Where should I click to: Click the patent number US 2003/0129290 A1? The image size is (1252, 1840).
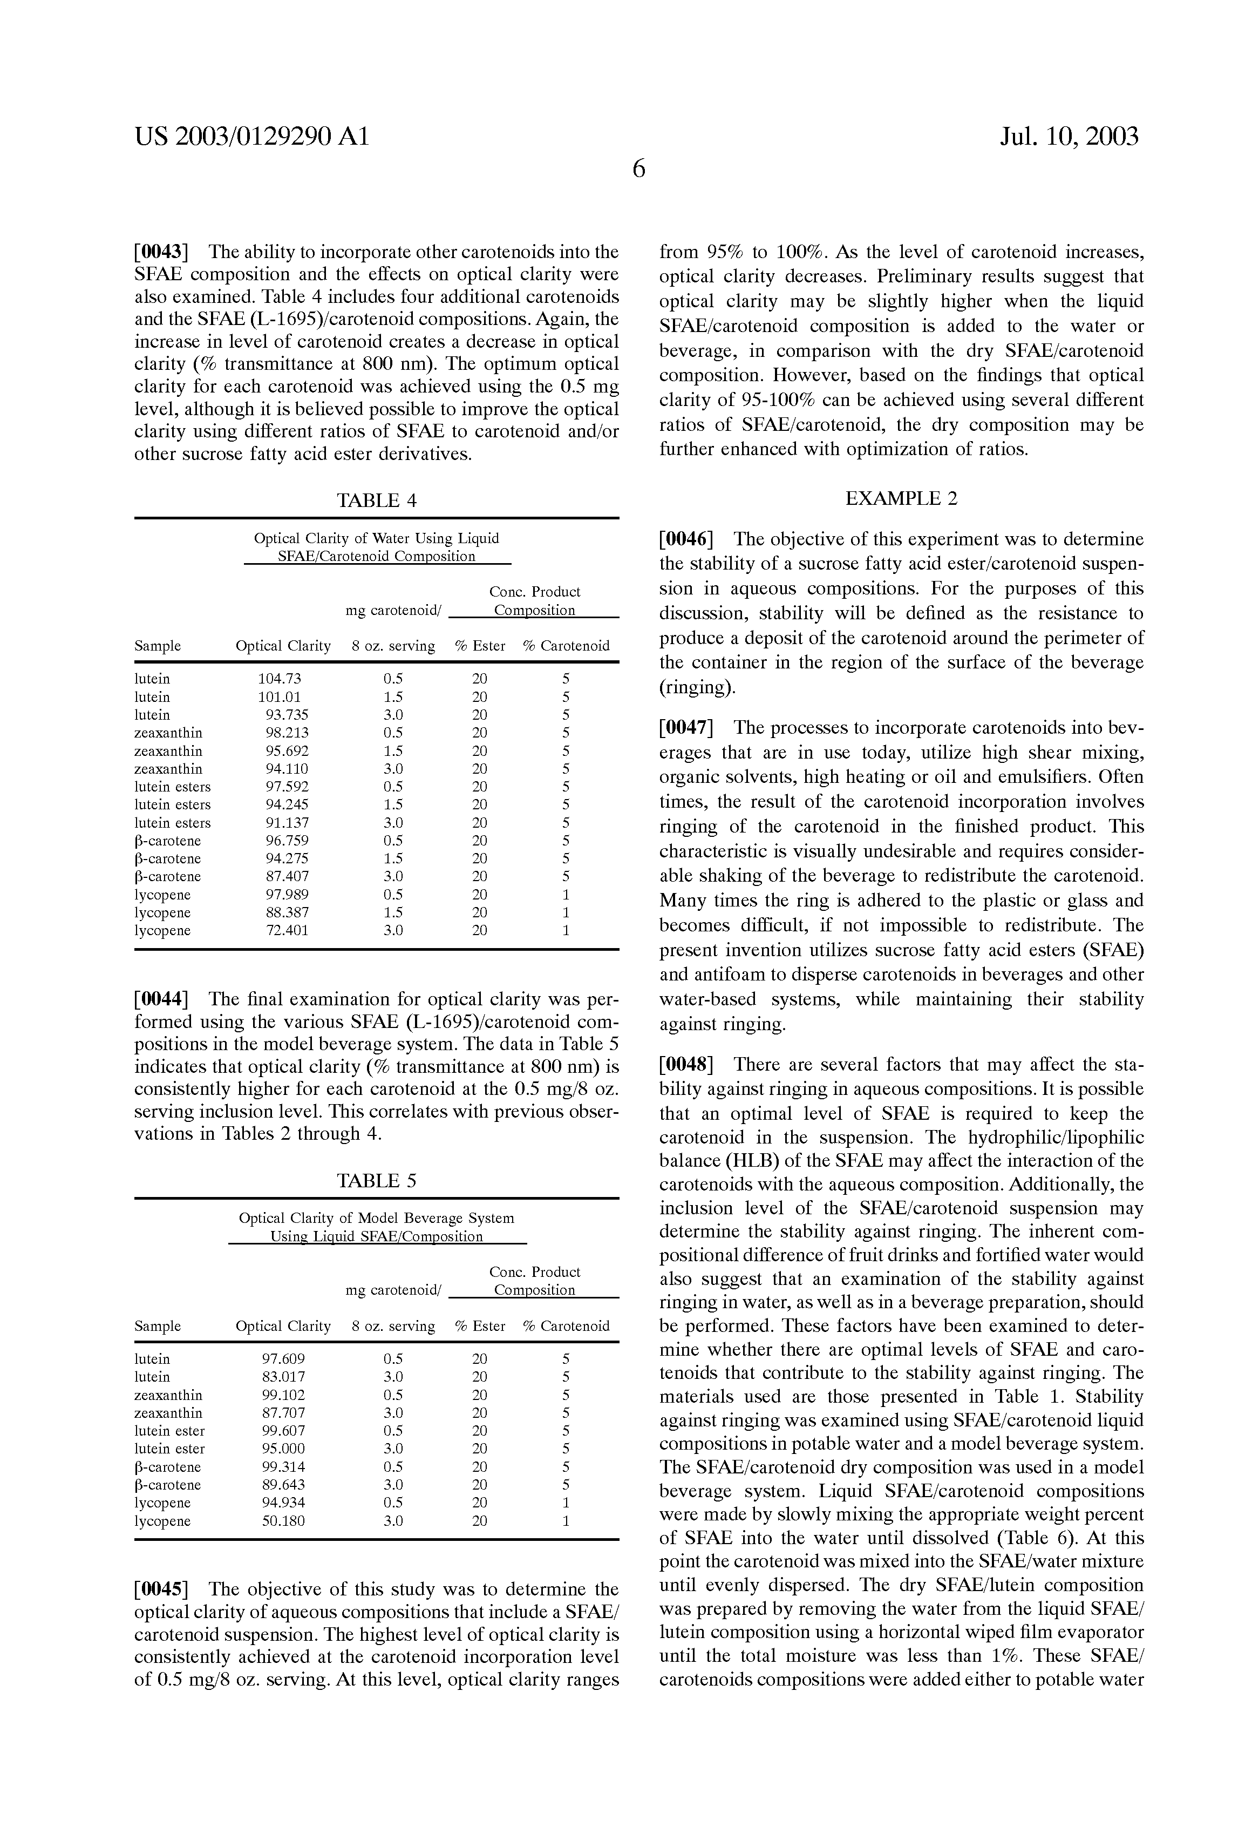(x=251, y=138)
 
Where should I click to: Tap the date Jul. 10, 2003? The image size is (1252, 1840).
(x=1069, y=138)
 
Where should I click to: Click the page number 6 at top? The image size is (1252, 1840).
(x=638, y=168)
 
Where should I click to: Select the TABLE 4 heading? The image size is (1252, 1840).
(x=377, y=500)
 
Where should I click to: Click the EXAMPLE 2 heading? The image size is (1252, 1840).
(x=901, y=499)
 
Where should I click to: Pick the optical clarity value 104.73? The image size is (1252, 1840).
(x=280, y=679)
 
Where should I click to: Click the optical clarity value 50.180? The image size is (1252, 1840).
(x=283, y=1521)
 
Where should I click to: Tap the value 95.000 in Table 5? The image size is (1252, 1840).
(x=283, y=1449)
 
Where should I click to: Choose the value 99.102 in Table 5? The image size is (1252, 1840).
(x=283, y=1395)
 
